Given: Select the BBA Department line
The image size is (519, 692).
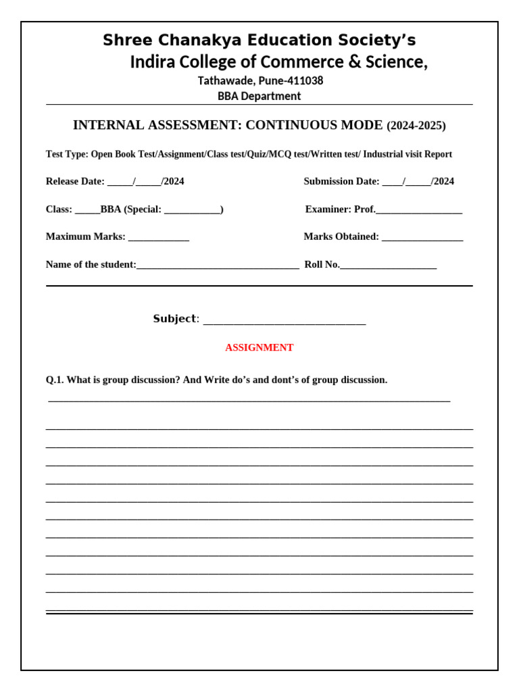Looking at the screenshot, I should [x=259, y=96].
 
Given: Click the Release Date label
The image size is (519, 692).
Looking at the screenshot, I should [x=75, y=181].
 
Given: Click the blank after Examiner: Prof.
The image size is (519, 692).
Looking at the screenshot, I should [x=419, y=211].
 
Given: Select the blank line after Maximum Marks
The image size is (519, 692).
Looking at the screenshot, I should [x=159, y=238].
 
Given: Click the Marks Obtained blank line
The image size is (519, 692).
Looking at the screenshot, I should [x=422, y=238].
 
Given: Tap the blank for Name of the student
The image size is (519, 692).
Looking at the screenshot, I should [x=218, y=266].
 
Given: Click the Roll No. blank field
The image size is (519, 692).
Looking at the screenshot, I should [x=389, y=266].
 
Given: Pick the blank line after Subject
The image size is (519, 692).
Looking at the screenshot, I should [x=284, y=321].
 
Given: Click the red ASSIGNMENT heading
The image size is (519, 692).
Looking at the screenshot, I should [x=259, y=347].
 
